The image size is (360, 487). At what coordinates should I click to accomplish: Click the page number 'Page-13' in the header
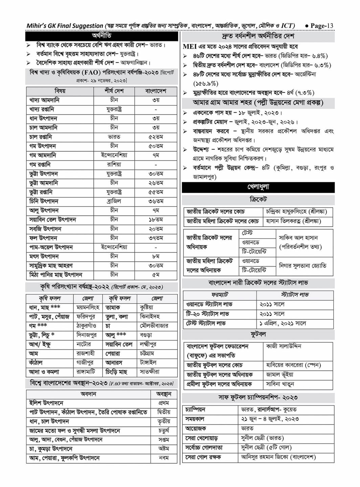coord(321,26)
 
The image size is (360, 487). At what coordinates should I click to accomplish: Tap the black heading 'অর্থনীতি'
coord(102,36)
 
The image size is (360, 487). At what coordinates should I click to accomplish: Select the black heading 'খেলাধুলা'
coord(258,187)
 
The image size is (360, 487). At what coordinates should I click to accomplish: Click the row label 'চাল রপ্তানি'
coord(41,137)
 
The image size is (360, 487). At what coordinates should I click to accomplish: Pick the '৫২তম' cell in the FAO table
coord(156,137)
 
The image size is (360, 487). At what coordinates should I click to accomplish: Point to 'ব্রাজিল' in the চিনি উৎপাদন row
coord(114,201)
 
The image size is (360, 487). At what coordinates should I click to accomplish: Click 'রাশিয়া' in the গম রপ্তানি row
coord(114,165)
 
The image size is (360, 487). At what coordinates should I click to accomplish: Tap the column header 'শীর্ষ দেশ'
coord(114,91)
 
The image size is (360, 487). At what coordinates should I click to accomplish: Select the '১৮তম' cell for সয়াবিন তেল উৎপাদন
coord(156,220)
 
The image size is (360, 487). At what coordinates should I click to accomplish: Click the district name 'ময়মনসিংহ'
coord(88,308)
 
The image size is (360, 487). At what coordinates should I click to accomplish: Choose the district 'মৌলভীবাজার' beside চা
coord(154,326)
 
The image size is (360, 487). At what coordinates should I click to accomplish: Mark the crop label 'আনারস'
coord(113,363)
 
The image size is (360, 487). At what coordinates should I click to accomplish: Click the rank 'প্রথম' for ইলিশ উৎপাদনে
coord(164,403)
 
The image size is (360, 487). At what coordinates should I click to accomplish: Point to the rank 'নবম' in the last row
coord(164,458)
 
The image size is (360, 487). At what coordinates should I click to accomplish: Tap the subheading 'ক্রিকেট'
coord(258,200)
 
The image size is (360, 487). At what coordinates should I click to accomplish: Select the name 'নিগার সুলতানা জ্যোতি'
coord(302,266)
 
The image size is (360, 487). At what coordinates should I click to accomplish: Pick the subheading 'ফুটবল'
coord(258,334)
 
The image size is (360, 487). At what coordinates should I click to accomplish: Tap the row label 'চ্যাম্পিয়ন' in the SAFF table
coord(195,410)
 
